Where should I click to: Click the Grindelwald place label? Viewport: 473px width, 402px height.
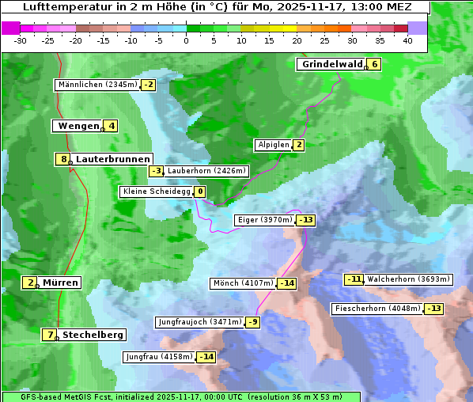point(331,64)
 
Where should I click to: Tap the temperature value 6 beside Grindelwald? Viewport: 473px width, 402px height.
point(374,64)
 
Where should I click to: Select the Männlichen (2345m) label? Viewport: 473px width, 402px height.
point(97,85)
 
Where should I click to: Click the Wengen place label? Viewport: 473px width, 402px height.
point(78,126)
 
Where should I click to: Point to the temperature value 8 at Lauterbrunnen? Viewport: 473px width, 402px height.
point(63,159)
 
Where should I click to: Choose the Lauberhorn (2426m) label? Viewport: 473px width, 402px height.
point(207,170)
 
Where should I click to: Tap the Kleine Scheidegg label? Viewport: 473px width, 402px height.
point(157,192)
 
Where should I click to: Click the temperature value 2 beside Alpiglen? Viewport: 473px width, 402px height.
point(298,145)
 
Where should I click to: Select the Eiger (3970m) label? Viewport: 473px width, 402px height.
point(265,220)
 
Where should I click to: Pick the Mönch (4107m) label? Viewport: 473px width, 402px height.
point(243,283)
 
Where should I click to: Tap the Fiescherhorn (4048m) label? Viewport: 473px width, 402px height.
point(377,308)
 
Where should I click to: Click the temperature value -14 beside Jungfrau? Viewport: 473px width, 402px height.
point(206,357)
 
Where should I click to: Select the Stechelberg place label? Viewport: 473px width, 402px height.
point(93,335)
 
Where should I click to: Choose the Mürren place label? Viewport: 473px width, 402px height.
point(60,283)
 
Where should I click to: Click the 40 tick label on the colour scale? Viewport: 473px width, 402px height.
point(407,40)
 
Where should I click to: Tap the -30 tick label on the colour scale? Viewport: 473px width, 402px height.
point(21,40)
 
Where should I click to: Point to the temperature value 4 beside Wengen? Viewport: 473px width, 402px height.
point(112,126)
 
